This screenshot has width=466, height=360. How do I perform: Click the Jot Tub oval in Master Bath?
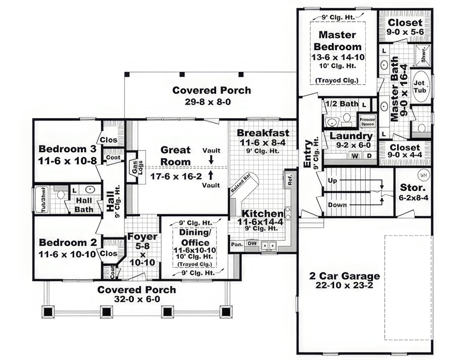point(420,86)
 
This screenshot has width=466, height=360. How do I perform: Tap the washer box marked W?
point(355,156)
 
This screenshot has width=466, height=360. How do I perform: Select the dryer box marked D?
point(369,156)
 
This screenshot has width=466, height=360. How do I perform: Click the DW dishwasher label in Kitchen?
point(252,243)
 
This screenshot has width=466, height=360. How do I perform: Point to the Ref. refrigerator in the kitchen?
point(290,179)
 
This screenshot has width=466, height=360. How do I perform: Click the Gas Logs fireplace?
point(137,168)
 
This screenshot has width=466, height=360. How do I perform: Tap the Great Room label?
point(176,156)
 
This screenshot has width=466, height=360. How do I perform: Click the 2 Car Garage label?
point(345,276)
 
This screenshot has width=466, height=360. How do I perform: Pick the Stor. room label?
point(413,187)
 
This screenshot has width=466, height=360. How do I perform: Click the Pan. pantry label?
point(237,245)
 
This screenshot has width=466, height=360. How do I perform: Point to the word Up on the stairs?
point(332,180)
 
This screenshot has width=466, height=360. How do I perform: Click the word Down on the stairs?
point(337,205)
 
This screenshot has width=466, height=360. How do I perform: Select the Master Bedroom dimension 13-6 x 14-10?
point(338,57)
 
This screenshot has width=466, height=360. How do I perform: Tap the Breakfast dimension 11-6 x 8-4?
point(263,143)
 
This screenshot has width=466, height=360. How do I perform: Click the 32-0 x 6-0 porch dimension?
point(137,299)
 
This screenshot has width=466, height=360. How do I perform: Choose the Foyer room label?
point(142,236)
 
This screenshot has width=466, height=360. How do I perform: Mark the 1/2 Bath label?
point(342,104)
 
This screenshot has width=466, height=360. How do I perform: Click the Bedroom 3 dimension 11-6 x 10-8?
point(67,161)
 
